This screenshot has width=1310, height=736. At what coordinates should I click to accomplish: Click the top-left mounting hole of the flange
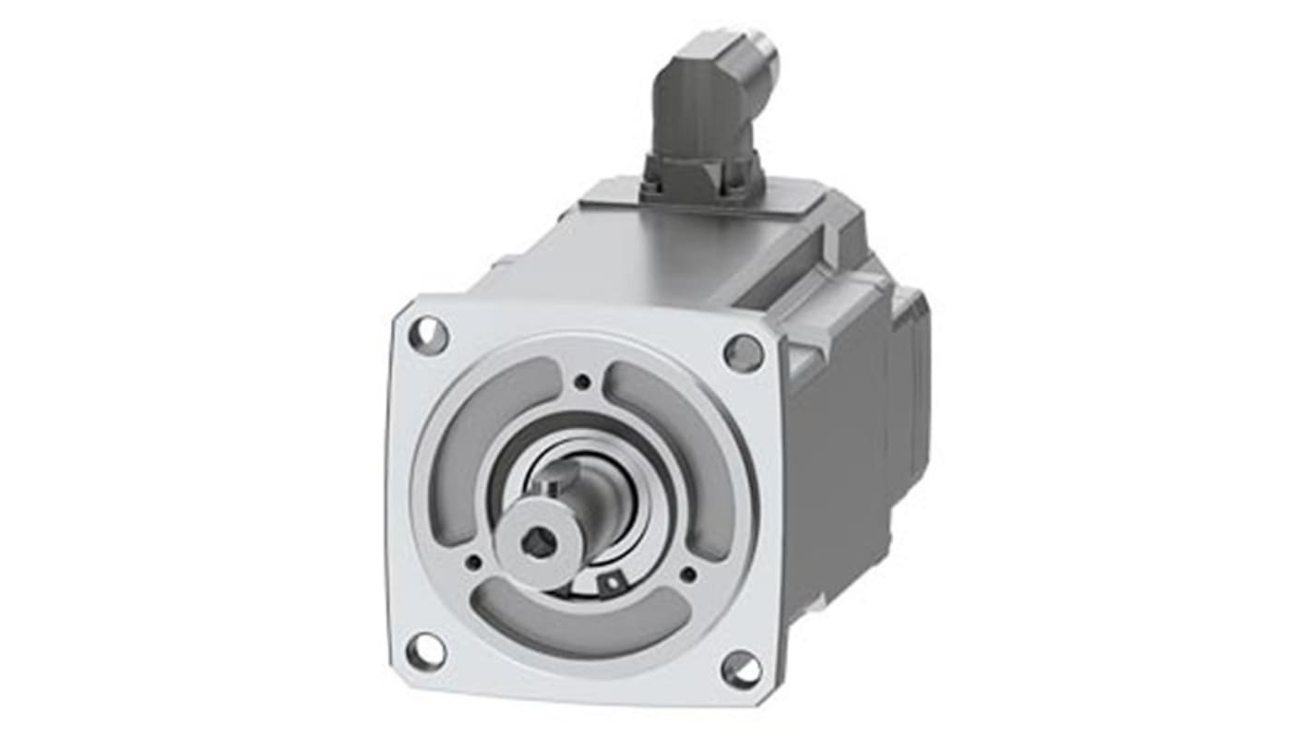[x=428, y=335]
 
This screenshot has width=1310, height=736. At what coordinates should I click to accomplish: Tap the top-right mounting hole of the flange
[x=744, y=353]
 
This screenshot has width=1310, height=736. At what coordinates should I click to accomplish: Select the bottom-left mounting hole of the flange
[x=425, y=651]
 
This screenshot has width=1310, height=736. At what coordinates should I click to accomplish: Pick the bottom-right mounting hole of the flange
[x=742, y=670]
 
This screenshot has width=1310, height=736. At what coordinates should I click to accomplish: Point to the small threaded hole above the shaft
[x=582, y=382]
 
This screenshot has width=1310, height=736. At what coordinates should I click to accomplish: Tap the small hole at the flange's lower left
[x=473, y=561]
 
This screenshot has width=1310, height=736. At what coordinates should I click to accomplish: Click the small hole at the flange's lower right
[x=688, y=574]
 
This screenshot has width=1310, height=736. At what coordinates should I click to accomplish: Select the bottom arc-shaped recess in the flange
[x=581, y=619]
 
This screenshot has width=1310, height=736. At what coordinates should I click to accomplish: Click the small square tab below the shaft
[x=609, y=582]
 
